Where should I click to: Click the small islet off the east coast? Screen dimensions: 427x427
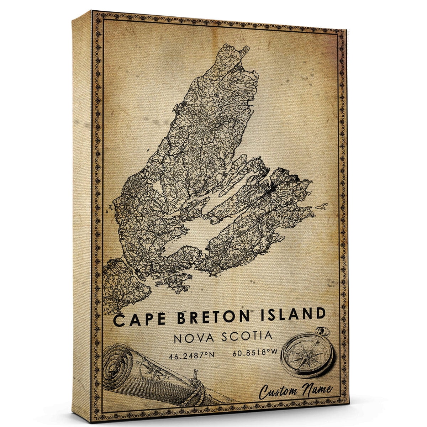323,206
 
